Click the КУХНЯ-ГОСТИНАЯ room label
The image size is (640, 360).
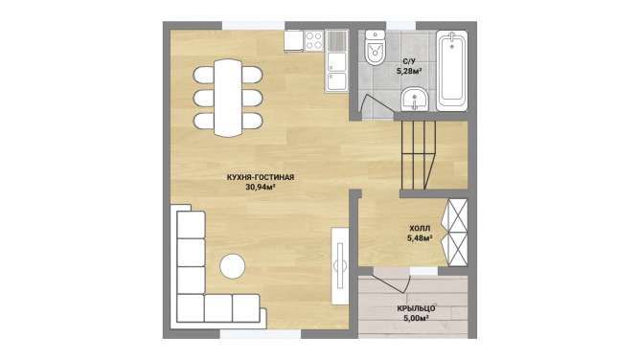(261, 177)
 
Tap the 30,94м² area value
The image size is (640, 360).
(261, 187)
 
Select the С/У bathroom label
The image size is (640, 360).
(409, 61)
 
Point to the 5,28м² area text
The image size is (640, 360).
(409, 71)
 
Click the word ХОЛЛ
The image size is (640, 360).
(420, 228)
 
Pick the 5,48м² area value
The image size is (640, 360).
(420, 238)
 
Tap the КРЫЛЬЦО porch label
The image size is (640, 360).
(416, 308)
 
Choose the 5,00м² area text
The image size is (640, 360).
(416, 319)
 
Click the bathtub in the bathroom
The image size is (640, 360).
(452, 71)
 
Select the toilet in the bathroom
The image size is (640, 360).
(375, 47)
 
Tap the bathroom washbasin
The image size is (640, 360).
(415, 99)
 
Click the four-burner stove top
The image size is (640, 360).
(314, 41)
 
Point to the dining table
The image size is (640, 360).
(228, 98)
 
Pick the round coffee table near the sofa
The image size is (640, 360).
(233, 266)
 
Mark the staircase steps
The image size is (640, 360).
(419, 155)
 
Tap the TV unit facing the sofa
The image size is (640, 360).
(339, 266)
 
